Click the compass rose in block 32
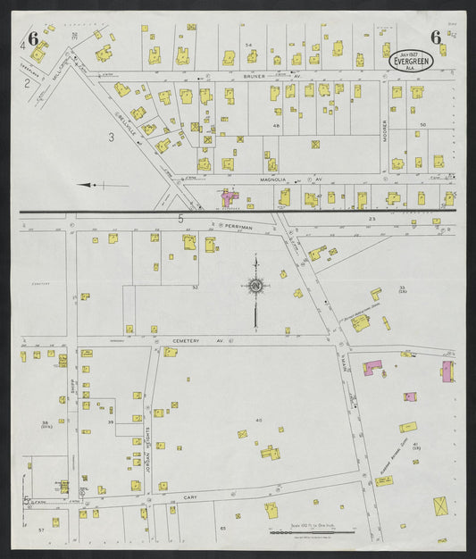pos(255,286)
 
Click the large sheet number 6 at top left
pos(32,38)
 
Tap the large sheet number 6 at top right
pos(435,38)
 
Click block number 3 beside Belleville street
pos(111,137)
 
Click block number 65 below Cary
pos(223,529)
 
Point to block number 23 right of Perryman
pos(372,219)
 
